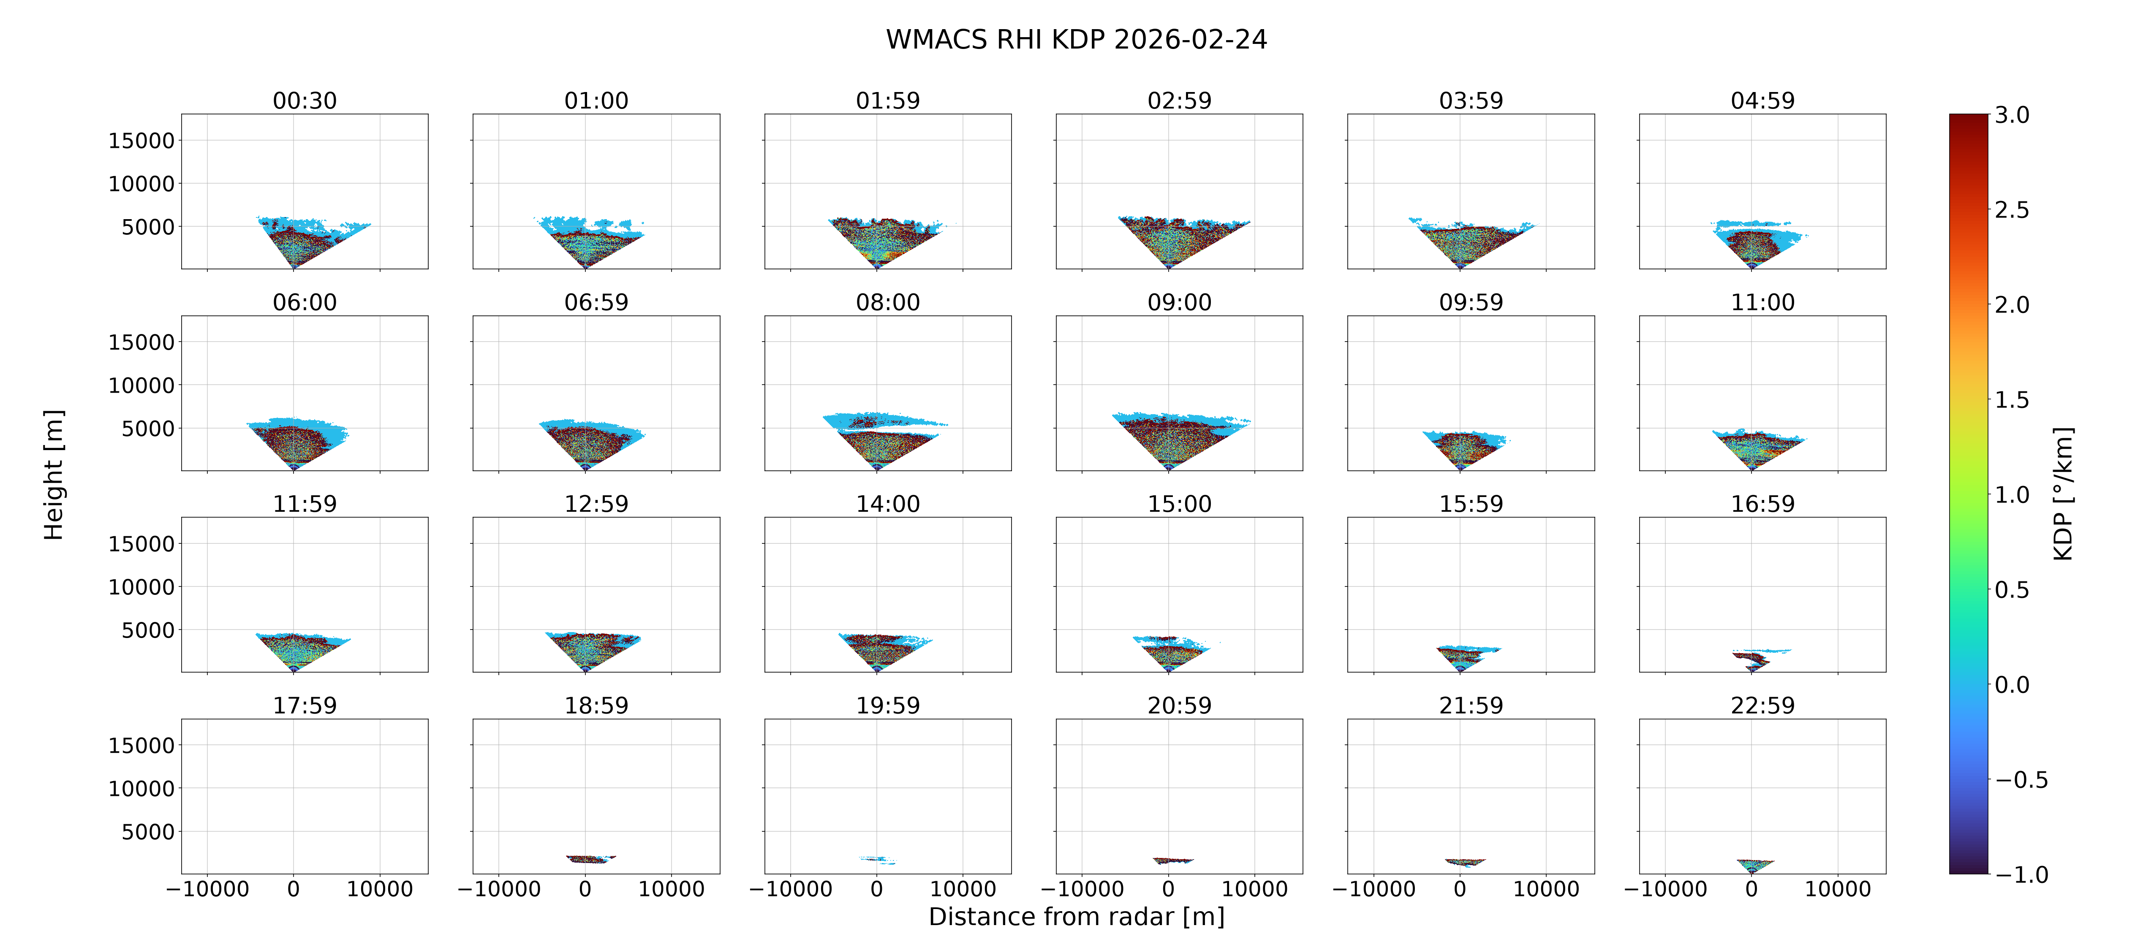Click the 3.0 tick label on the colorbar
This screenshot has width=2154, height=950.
pos(2012,115)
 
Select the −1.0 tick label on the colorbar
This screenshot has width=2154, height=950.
pos(2022,875)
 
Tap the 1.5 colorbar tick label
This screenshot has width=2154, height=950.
pos(2012,400)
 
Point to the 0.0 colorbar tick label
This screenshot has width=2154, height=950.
pos(2012,685)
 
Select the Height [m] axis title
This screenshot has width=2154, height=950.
pos(54,475)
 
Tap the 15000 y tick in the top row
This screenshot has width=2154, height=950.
pos(141,141)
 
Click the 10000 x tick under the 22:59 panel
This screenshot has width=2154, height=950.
pos(1838,889)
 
